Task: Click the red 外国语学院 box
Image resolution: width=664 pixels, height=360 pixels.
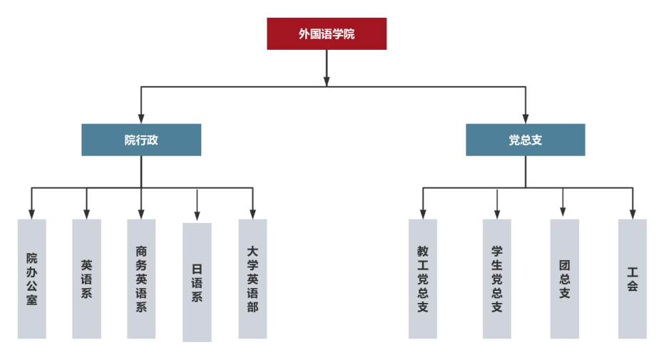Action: point(327,34)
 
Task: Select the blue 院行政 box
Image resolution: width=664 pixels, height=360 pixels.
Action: point(141,140)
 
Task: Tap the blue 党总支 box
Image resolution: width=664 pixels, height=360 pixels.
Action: point(526,140)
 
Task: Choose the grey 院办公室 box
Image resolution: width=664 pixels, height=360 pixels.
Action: point(31,279)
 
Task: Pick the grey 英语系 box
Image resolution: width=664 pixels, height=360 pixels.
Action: point(86,279)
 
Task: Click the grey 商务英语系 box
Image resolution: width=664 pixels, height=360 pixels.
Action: point(141,279)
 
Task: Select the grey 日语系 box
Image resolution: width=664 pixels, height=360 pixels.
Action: point(197,282)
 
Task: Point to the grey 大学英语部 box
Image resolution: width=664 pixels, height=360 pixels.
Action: point(252,279)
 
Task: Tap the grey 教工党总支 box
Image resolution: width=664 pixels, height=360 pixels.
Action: point(423,279)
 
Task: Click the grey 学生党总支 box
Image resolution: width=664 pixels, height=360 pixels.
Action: point(497,279)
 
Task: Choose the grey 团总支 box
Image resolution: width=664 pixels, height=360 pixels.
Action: point(564,279)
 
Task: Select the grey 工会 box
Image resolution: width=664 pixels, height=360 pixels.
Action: point(633,279)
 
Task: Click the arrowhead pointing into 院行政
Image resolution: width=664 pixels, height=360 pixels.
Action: point(141,118)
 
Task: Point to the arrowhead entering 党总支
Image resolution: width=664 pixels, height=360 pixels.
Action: point(526,118)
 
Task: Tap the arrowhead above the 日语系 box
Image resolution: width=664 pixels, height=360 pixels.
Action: point(197,215)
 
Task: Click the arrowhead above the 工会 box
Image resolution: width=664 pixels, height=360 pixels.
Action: point(633,213)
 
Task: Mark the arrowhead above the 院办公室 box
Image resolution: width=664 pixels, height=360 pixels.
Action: point(31,213)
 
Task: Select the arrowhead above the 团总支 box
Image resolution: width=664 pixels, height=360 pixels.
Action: point(563,212)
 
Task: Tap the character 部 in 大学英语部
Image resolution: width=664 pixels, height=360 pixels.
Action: point(252,307)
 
